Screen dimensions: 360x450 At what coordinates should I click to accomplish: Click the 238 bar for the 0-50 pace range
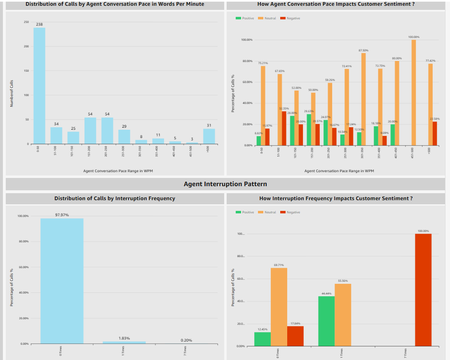click(39, 86)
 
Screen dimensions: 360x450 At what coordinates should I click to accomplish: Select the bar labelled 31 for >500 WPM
click(209, 136)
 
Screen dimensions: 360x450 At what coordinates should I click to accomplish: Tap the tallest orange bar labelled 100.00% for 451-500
click(414, 93)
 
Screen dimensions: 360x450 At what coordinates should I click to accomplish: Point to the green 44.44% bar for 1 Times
click(326, 321)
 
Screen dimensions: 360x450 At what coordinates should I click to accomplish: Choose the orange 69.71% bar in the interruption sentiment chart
click(279, 307)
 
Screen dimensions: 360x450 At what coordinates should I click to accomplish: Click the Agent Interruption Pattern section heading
click(225, 184)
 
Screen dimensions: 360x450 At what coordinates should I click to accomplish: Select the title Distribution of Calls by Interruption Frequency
click(115, 199)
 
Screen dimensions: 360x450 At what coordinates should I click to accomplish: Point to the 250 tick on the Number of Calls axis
click(26, 22)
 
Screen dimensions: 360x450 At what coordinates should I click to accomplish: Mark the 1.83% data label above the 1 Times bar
click(124, 338)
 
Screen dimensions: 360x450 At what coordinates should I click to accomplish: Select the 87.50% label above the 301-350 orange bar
click(363, 50)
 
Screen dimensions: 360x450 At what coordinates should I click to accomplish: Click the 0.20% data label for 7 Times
click(186, 341)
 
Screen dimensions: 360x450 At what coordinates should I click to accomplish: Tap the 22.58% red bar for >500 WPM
click(434, 133)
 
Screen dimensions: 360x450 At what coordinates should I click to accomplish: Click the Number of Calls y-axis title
click(12, 93)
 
